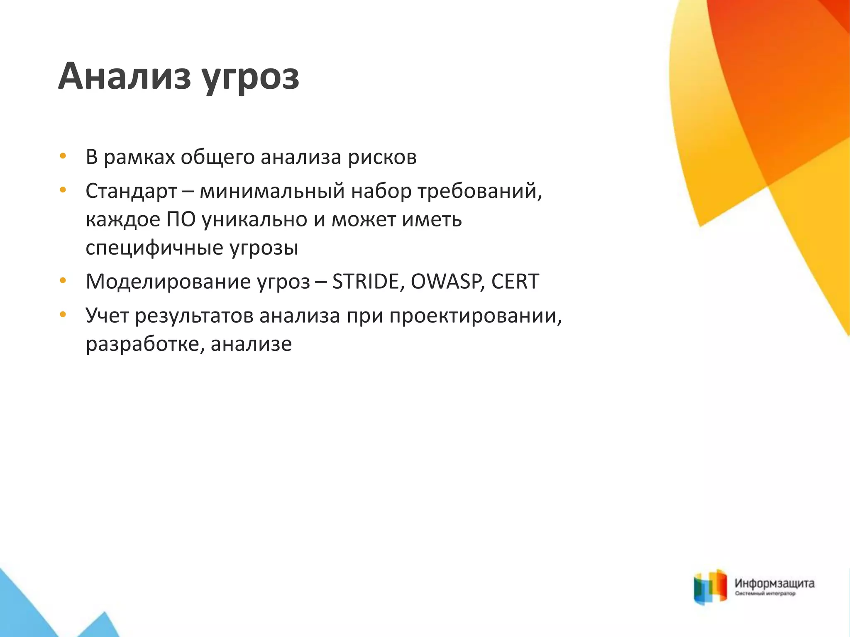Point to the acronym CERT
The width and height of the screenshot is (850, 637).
[x=515, y=282]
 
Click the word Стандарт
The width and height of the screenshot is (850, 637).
[x=132, y=192]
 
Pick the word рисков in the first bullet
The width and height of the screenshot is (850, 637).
[x=382, y=158]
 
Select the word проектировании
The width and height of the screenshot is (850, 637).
[x=475, y=316]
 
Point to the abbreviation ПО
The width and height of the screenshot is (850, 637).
[x=181, y=220]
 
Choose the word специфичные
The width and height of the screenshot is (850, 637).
[x=154, y=248]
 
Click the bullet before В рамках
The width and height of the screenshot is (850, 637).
[x=63, y=157]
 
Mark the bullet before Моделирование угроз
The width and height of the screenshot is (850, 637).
[x=63, y=281]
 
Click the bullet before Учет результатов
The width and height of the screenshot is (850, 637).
[x=63, y=315]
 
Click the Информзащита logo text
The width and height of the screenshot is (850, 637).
[x=774, y=584]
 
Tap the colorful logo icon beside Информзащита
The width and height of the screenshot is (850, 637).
[x=711, y=587]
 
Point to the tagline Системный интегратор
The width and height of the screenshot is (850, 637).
[x=765, y=594]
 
